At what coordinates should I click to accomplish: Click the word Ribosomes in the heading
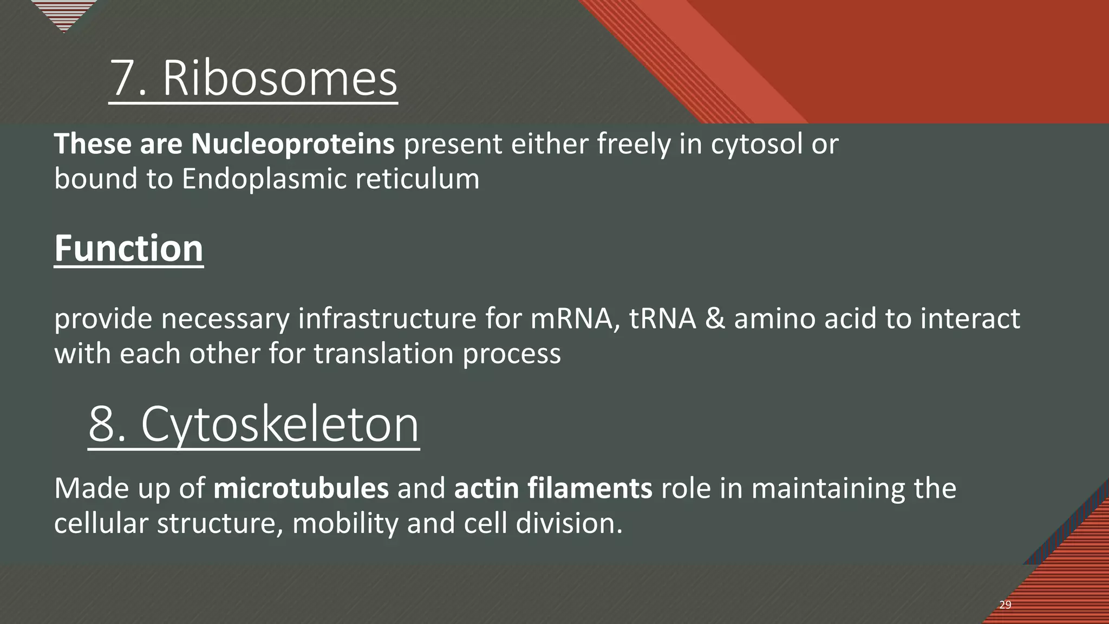click(x=280, y=79)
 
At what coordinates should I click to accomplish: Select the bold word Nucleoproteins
click(x=292, y=144)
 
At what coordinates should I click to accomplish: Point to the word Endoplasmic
click(x=263, y=179)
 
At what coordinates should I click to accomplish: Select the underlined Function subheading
click(x=129, y=249)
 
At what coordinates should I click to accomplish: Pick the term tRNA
click(x=662, y=318)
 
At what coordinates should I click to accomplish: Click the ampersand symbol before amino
click(x=715, y=318)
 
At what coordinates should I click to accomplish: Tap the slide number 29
click(x=1005, y=605)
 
